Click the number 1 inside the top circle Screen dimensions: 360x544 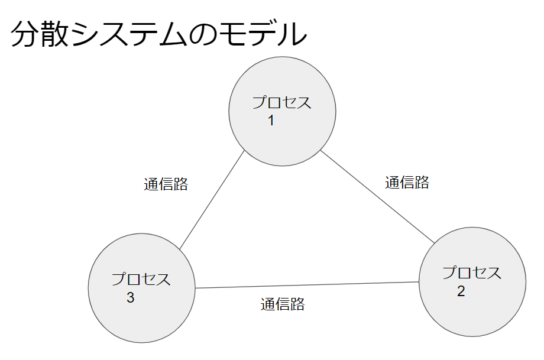pyautogui.click(x=271, y=121)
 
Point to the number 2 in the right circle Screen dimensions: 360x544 pyautogui.click(x=461, y=291)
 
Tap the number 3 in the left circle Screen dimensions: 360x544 pyautogui.click(x=131, y=298)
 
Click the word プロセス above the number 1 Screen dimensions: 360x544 pyautogui.click(x=282, y=102)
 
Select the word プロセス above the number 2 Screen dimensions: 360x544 pyautogui.click(x=472, y=273)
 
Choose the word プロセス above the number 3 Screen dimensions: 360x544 pyautogui.click(x=141, y=279)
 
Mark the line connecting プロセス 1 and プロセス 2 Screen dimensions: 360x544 pyautogui.click(x=377, y=196)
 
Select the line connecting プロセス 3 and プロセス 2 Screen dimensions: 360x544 pyautogui.click(x=307, y=285)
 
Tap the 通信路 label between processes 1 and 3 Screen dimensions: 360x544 pyautogui.click(x=166, y=184)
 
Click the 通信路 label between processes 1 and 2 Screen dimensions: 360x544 pyautogui.click(x=407, y=183)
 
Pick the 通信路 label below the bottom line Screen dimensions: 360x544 pyautogui.click(x=283, y=305)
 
